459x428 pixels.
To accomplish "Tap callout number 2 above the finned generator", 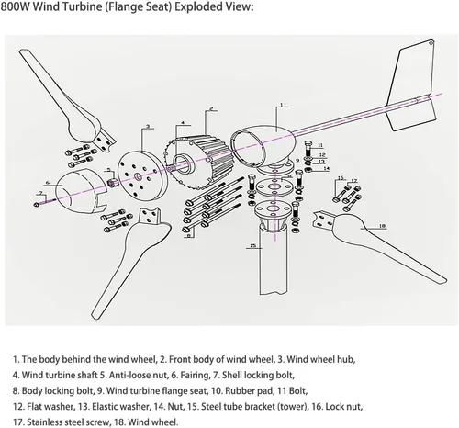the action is point(211,108).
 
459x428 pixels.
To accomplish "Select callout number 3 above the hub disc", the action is point(148,126).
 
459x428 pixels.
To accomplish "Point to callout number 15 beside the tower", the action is point(252,245).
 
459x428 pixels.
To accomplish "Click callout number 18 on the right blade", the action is point(382,226).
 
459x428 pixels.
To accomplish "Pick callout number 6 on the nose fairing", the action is point(48,183).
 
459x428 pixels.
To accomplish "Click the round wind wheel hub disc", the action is point(142,175).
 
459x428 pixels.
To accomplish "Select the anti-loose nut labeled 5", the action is point(114,182).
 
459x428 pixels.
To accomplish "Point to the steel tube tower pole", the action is point(274,260).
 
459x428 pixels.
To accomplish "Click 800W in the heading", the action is point(15,6).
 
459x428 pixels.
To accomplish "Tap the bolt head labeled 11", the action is point(308,143).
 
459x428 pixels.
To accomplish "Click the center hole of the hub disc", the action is point(138,176).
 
